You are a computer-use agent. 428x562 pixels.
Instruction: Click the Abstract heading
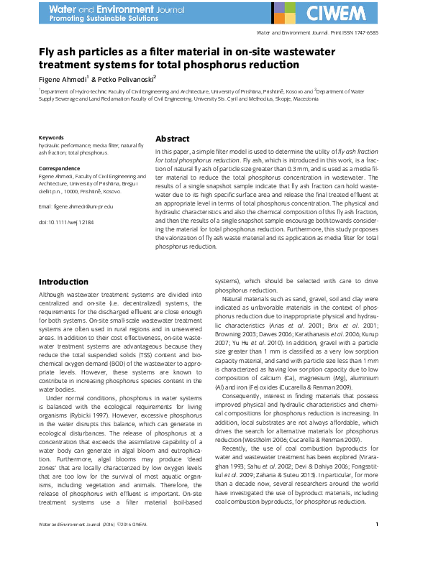point(173,139)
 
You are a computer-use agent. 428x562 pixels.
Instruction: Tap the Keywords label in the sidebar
point(51,137)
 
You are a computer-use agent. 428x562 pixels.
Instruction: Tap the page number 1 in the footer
point(387,545)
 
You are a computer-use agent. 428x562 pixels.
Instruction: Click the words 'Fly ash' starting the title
point(54,52)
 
